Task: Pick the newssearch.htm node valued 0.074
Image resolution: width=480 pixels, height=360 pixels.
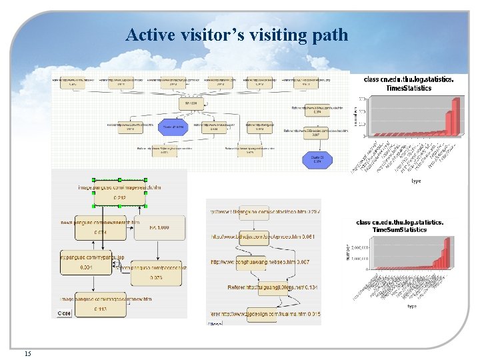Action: coord(100,227)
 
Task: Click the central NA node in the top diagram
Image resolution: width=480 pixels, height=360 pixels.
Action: coord(191,104)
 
